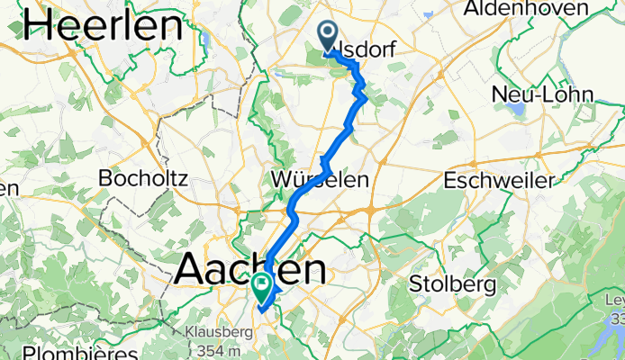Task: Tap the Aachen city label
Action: pyautogui.click(x=250, y=268)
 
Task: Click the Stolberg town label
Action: pyautogui.click(x=452, y=284)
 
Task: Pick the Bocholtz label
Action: pyautogui.click(x=143, y=178)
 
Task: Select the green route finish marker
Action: pyautogui.click(x=262, y=289)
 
